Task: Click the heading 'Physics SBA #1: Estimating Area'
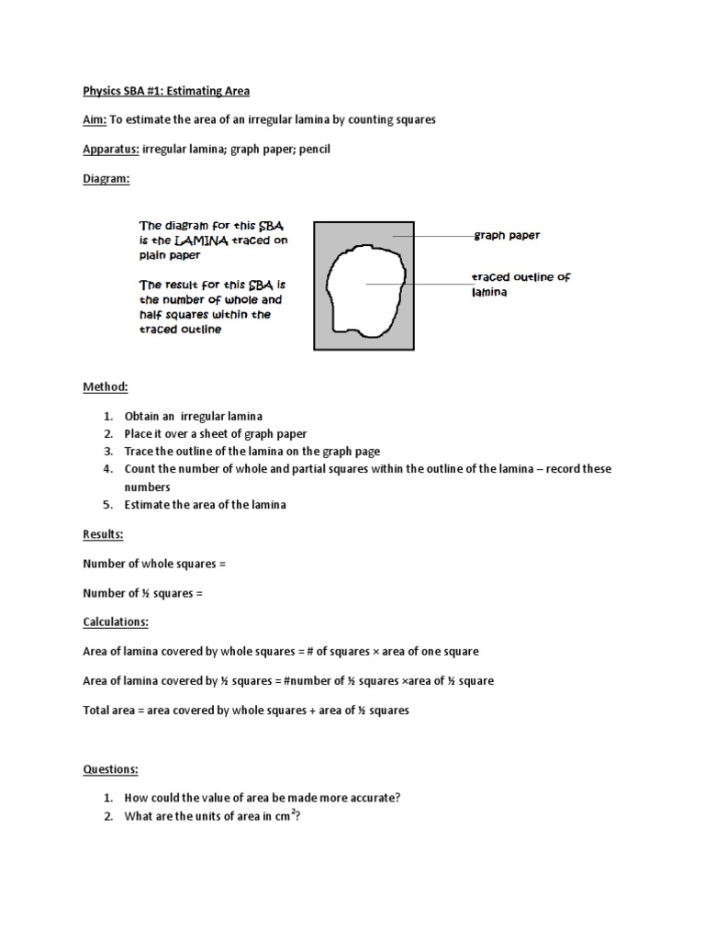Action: coord(166,91)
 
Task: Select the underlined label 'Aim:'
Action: coord(95,120)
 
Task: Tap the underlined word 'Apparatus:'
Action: coord(110,150)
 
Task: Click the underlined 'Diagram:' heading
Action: coord(106,179)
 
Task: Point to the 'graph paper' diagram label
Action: coord(507,236)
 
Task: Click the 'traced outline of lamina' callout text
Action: coord(520,284)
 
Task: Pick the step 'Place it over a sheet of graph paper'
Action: coord(216,434)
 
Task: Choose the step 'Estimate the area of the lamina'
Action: coord(206,505)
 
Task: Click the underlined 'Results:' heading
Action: coord(103,534)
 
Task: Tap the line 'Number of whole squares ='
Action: coord(154,564)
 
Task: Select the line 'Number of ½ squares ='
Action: coord(142,593)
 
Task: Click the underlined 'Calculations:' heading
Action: coord(116,622)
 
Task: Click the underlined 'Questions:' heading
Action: coord(110,769)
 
